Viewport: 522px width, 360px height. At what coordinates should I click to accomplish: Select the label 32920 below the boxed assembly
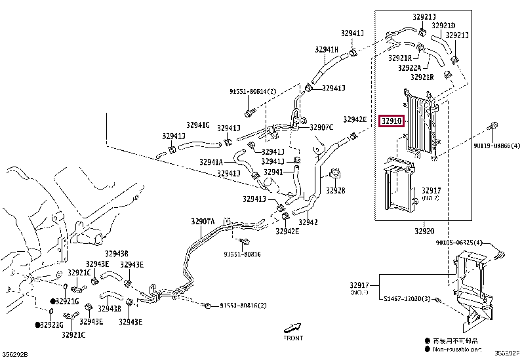click(x=424, y=231)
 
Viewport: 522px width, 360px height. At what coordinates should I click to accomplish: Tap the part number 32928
click(x=336, y=191)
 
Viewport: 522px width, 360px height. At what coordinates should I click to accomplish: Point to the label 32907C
click(x=322, y=127)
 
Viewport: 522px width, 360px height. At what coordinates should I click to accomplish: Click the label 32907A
click(x=203, y=222)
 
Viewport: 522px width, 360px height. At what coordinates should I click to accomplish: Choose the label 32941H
click(x=326, y=49)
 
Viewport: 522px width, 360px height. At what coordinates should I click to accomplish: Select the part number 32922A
click(x=411, y=67)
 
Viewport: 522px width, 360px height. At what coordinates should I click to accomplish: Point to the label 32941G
click(x=197, y=125)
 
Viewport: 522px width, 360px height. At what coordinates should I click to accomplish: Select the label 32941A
click(x=211, y=162)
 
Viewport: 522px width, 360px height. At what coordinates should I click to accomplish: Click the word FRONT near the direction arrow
click(x=293, y=338)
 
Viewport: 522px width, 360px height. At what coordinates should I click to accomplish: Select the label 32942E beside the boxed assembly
click(x=355, y=119)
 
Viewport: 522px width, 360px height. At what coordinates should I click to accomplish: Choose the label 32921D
click(x=443, y=26)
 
